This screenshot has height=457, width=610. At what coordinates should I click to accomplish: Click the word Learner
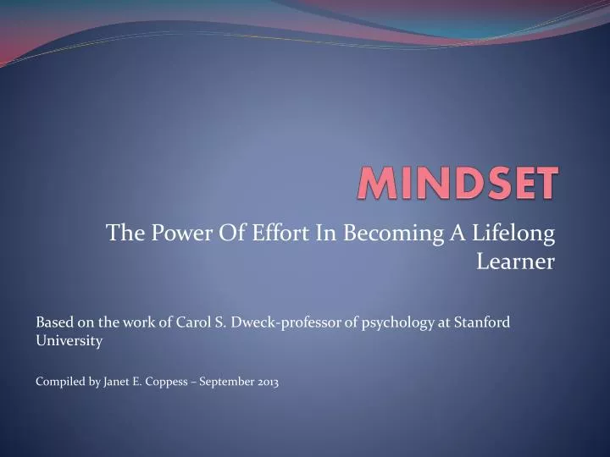515,262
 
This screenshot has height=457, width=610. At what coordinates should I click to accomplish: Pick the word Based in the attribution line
53,322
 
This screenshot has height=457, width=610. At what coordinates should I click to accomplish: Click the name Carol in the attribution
193,322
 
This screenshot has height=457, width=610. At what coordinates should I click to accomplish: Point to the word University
69,341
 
